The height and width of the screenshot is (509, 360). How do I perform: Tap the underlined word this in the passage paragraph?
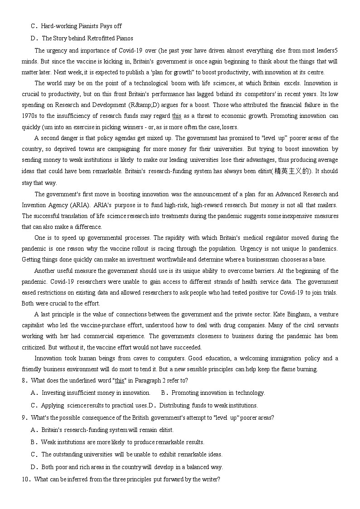click(x=177, y=116)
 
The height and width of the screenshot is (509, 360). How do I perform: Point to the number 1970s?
click(x=29, y=116)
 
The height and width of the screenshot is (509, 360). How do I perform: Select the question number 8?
click(x=24, y=380)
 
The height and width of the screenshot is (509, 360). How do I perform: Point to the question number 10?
click(x=25, y=479)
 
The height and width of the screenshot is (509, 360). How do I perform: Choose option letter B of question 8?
click(x=164, y=393)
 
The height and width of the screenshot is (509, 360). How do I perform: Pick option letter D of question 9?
click(x=34, y=467)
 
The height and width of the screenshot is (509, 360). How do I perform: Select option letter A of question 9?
click(x=34, y=430)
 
